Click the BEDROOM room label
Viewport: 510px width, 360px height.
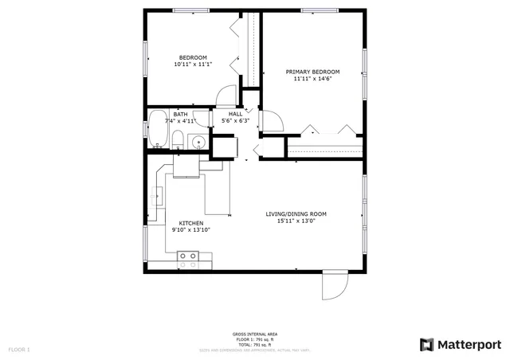pos(193,57)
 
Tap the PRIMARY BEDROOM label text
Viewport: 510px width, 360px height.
pos(312,72)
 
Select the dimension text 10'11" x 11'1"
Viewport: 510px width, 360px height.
pos(193,65)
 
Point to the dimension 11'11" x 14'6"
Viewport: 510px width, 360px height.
pos(312,79)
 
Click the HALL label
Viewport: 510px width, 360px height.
pos(235,114)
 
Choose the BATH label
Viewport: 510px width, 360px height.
pos(180,114)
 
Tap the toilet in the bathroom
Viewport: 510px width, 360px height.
pos(177,142)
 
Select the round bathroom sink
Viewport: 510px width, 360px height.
pos(198,143)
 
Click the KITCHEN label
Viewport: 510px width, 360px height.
pos(190,223)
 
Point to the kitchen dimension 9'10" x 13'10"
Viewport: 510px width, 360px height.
pos(190,230)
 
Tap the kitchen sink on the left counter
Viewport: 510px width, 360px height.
pos(159,194)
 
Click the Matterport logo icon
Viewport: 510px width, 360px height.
pos(427,344)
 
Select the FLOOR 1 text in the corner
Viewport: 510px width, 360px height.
pos(19,350)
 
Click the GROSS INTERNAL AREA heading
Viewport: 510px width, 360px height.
pos(255,334)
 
